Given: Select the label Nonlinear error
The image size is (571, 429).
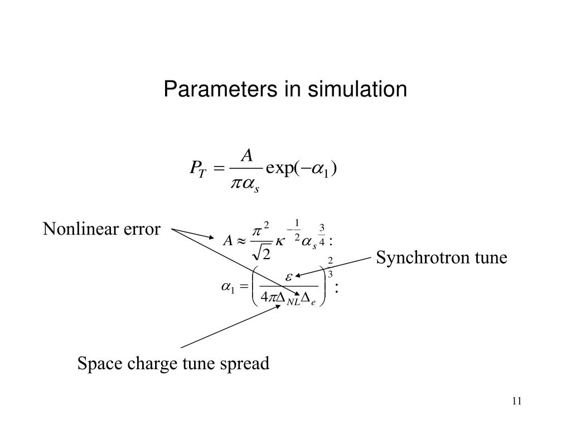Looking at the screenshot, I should [102, 229].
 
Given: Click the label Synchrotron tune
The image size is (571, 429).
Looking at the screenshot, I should [442, 258].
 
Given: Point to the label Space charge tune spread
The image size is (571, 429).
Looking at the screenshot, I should [173, 364].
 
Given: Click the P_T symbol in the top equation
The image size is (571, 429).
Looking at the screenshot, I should [199, 168].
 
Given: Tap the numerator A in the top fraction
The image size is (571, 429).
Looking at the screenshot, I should [246, 154].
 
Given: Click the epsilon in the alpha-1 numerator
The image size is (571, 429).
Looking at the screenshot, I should [289, 275].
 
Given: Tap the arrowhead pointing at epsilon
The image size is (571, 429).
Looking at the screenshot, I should [297, 275].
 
